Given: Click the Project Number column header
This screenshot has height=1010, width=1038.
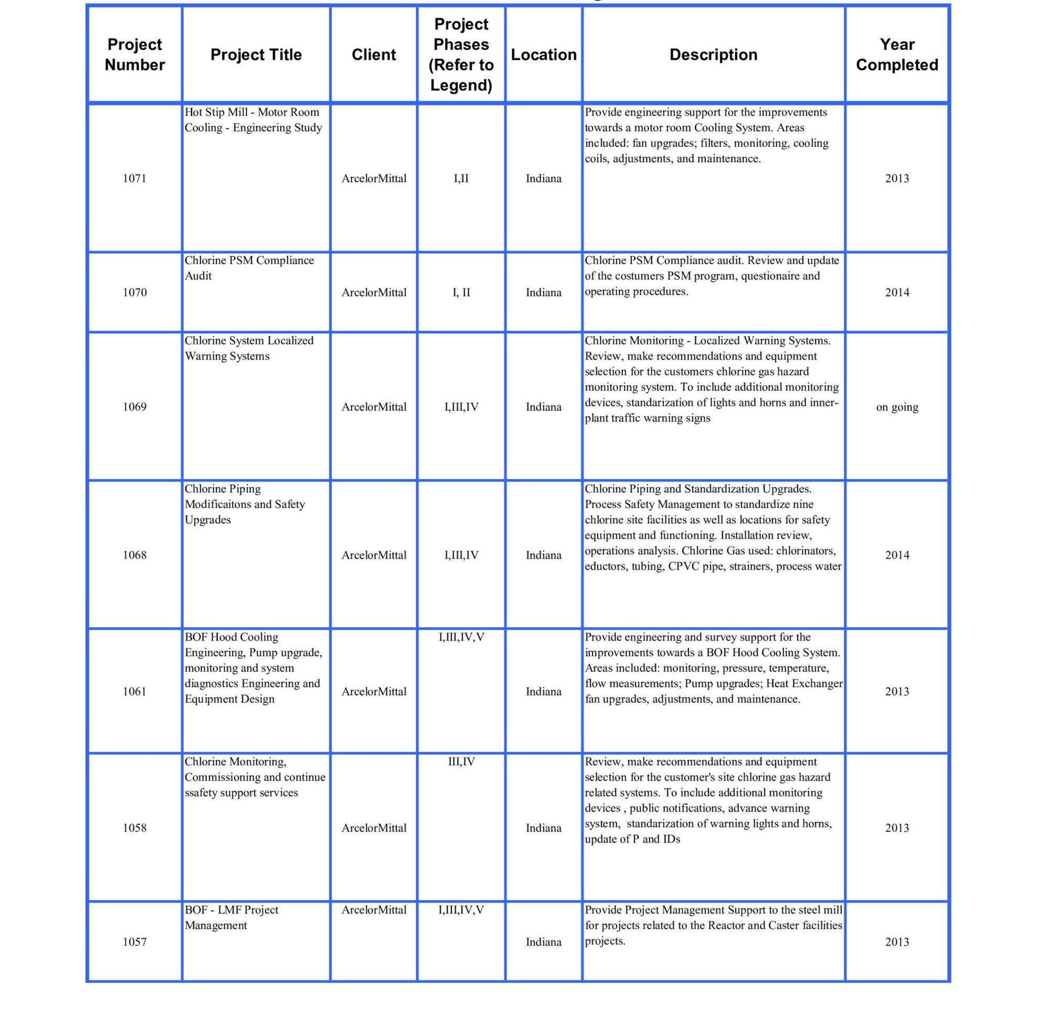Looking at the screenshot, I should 134,55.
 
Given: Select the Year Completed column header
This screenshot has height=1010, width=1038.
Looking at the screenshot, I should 896,55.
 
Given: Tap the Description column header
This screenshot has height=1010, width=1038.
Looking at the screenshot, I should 713,55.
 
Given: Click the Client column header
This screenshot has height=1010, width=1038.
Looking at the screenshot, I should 374,55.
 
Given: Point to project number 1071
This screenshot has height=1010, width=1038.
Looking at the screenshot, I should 134,178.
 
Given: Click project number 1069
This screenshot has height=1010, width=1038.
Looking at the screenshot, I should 134,407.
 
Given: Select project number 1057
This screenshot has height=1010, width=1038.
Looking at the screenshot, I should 134,942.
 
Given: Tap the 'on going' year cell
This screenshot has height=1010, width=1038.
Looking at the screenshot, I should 896,407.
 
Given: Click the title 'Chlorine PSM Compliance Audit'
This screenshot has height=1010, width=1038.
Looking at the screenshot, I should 249,268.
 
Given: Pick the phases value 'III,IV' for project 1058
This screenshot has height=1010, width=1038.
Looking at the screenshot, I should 461,762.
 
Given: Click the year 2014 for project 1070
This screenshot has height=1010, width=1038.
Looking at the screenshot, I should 896,292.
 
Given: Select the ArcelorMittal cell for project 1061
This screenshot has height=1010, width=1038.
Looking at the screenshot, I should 374,691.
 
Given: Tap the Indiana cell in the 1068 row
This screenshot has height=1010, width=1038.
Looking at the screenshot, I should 543,555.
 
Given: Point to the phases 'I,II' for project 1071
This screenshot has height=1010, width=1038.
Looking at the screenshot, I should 461,178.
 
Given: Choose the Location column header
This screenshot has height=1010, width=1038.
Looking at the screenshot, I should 543,55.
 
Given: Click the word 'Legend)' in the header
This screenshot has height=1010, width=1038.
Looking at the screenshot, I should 461,86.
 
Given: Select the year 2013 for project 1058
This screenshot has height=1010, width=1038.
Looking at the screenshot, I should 896,827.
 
